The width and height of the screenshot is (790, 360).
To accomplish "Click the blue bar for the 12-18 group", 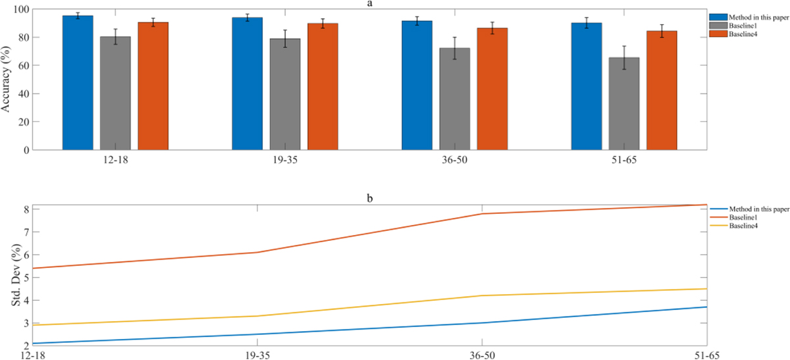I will [78, 82].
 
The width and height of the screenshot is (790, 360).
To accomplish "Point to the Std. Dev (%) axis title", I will [8, 275].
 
